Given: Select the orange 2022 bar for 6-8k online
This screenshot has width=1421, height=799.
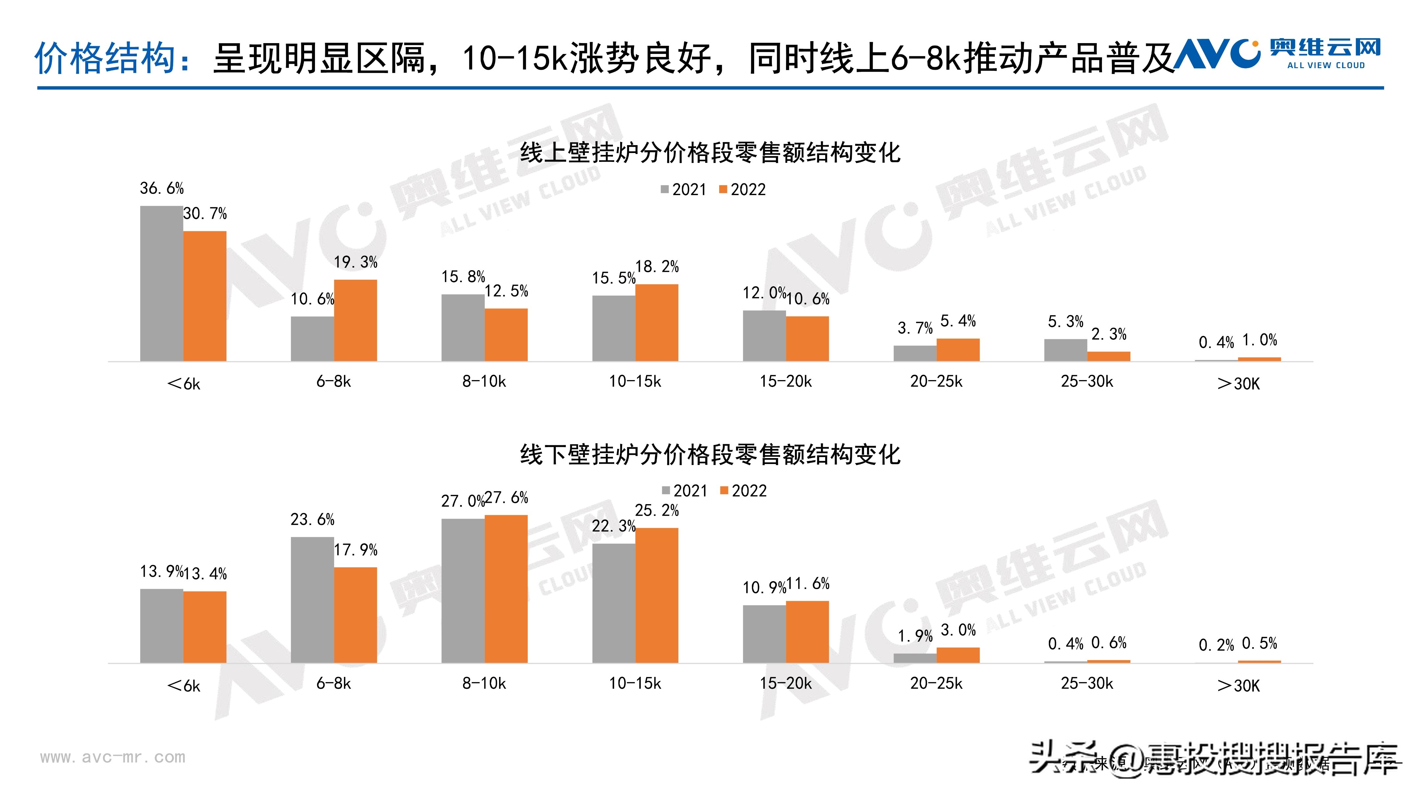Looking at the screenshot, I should click(355, 321).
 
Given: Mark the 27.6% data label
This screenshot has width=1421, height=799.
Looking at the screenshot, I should click(506, 498).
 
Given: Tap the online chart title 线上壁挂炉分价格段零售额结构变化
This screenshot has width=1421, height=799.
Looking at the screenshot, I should click(710, 153).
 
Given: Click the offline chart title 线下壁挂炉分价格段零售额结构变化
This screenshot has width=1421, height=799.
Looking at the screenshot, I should click(710, 455).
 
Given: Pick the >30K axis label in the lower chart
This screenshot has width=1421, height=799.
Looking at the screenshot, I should click(1238, 686).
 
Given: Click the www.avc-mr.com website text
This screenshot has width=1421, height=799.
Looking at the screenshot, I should click(113, 757).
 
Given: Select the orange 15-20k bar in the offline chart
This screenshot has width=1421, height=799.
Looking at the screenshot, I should click(807, 631).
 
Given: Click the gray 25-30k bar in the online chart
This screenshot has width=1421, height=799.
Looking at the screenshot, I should click(1065, 350).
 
